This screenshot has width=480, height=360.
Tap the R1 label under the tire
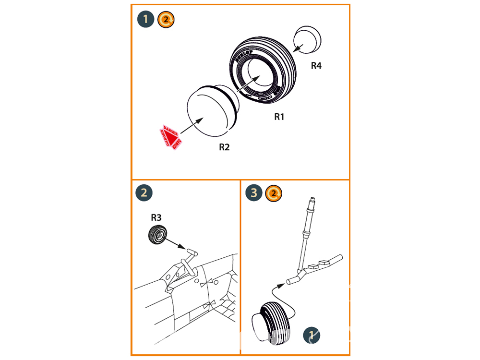coord(279,117)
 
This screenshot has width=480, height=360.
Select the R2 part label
coord(224,147)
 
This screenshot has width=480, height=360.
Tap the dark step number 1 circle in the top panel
coord(145,20)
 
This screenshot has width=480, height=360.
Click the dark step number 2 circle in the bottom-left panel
coord(144,193)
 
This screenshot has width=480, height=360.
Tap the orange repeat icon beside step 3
coord(274,193)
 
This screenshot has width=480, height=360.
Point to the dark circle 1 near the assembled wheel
coord(312,336)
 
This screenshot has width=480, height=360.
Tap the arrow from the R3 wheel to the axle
coord(175,244)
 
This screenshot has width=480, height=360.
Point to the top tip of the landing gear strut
coord(312,198)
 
